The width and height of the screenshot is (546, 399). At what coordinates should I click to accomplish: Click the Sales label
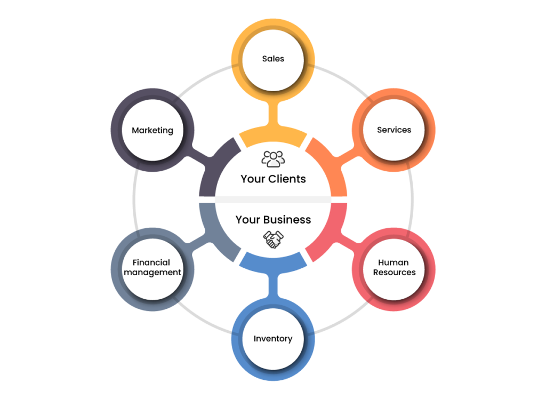pyautogui.click(x=273, y=59)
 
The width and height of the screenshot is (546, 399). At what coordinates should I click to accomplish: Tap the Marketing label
pyautogui.click(x=152, y=130)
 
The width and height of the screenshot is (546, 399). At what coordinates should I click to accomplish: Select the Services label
pyautogui.click(x=394, y=130)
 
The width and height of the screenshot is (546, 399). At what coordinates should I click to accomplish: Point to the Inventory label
pyautogui.click(x=273, y=339)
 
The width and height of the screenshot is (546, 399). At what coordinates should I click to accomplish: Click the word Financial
pyautogui.click(x=151, y=262)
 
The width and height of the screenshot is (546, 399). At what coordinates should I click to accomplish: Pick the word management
pyautogui.click(x=152, y=273)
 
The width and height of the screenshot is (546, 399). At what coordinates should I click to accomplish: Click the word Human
pyautogui.click(x=394, y=262)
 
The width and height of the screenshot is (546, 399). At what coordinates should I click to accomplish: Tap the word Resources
pyautogui.click(x=395, y=272)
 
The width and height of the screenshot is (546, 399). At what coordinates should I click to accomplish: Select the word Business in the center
pyautogui.click(x=287, y=220)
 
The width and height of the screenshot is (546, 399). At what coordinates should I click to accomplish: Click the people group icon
pyautogui.click(x=273, y=159)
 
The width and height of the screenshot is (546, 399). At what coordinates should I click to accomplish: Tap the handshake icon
pyautogui.click(x=273, y=240)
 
